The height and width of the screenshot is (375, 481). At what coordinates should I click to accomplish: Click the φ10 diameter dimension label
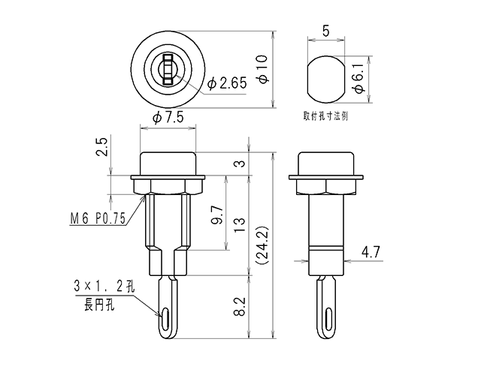tap(264, 69)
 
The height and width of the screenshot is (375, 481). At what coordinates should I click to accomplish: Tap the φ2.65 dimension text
tap(227, 83)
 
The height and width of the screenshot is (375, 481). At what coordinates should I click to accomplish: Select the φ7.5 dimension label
tap(168, 117)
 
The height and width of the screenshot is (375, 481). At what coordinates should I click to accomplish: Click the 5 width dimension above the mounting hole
tap(325, 31)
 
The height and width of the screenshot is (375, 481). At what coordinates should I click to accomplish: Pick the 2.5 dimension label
tap(102, 147)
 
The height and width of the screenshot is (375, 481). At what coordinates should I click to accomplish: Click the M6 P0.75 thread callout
tap(98, 219)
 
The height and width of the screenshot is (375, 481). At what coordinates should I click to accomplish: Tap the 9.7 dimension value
tap(217, 215)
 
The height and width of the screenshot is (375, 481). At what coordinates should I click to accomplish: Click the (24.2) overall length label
tap(262, 245)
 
